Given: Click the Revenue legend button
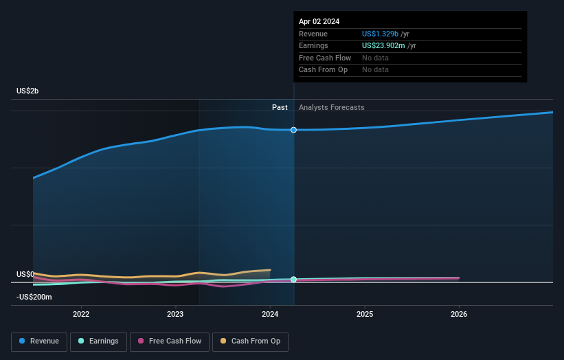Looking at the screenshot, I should (39, 341).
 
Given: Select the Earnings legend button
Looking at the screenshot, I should (98, 341).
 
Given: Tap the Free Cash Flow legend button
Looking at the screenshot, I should (168, 341).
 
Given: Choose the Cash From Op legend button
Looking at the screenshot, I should (250, 341).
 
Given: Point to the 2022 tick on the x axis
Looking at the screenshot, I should (81, 314).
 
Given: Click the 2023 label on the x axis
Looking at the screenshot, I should (175, 314).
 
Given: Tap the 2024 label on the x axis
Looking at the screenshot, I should (270, 314).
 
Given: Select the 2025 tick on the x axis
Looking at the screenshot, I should (365, 314).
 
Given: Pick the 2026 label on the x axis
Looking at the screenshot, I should (459, 314).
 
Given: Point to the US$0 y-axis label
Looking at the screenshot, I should (25, 274).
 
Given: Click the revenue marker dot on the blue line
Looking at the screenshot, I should (294, 130).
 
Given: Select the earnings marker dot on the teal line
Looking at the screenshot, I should (294, 280).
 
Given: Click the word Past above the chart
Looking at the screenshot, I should (280, 107).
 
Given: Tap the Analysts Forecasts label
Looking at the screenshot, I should (331, 107).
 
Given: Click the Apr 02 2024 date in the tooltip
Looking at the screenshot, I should (319, 21).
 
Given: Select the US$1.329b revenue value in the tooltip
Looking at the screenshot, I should (385, 34).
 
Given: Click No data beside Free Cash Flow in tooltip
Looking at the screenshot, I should (375, 58).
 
